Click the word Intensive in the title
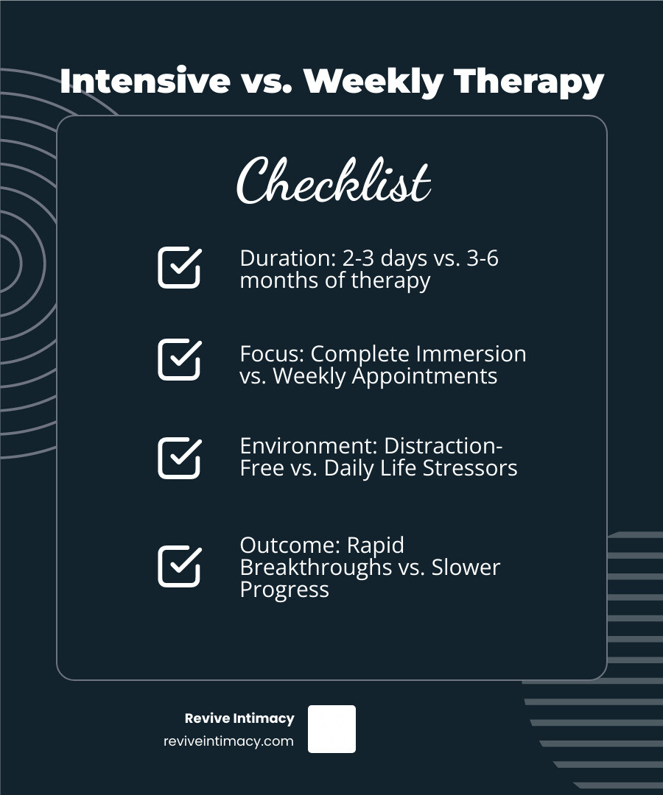click(x=145, y=81)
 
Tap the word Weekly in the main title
click(x=373, y=82)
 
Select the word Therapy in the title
click(x=529, y=82)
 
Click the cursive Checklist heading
click(x=334, y=180)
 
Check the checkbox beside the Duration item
click(x=180, y=268)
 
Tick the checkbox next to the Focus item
click(x=180, y=359)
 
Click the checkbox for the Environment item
click(x=180, y=458)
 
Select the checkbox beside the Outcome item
click(x=180, y=566)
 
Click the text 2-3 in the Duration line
click(x=359, y=258)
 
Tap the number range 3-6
click(x=483, y=258)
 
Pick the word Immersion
click(x=471, y=354)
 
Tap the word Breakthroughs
click(x=316, y=568)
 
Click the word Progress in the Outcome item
click(x=284, y=590)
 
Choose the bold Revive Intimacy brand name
click(x=239, y=718)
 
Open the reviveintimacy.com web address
click(x=229, y=741)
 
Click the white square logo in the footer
click(x=331, y=729)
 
